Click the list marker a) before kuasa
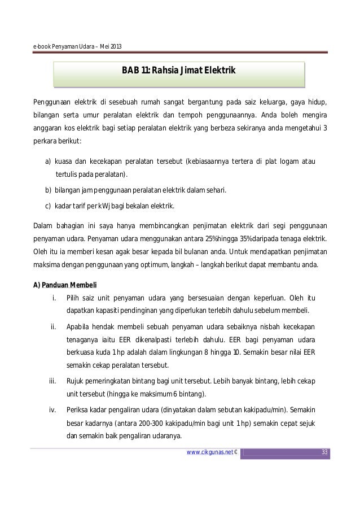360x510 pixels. tap(49, 163)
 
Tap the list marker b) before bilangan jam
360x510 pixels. tap(49, 190)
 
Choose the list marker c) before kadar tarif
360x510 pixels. tap(49, 205)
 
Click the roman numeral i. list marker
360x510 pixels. tap(54, 298)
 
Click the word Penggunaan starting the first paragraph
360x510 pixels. tap(51, 102)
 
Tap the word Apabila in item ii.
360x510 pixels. tap(78, 326)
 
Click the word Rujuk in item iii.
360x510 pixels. tap(74, 380)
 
